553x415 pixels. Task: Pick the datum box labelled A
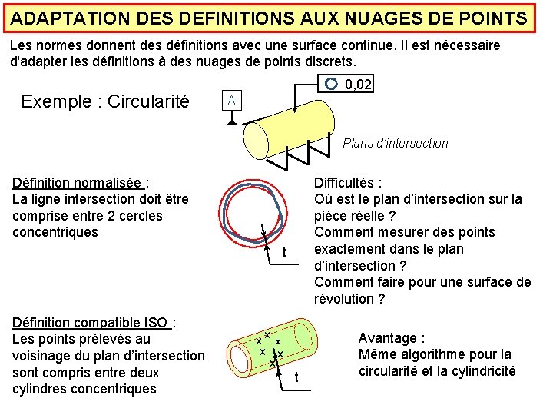pyautogui.click(x=232, y=101)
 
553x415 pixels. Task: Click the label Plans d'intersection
pyautogui.click(x=395, y=143)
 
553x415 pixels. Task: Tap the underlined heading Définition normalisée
pyautogui.click(x=78, y=183)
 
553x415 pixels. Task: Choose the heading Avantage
pyautogui.click(x=392, y=338)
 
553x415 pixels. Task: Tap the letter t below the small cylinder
pyautogui.click(x=296, y=377)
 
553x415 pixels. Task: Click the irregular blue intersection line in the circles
pyautogui.click(x=223, y=207)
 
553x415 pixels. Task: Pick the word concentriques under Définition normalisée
pyautogui.click(x=55, y=232)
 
